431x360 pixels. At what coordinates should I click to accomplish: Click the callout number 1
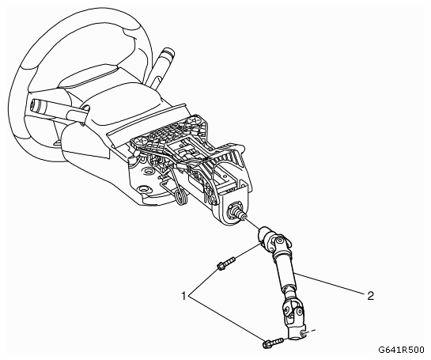point(184,296)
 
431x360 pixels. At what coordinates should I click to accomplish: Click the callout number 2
point(370,296)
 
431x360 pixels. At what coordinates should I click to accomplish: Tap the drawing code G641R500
point(401,350)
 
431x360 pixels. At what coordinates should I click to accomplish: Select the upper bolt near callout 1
point(226,263)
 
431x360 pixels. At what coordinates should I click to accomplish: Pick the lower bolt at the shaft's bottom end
point(274,343)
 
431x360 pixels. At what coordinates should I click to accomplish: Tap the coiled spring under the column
point(181,197)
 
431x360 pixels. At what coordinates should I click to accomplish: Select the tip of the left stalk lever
point(36,104)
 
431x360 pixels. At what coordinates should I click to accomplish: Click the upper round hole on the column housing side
point(149,172)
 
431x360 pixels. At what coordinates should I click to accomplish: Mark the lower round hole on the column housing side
point(144,189)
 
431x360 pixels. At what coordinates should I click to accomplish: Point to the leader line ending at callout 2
point(331,284)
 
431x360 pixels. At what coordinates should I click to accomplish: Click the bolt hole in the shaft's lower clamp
point(303,334)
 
